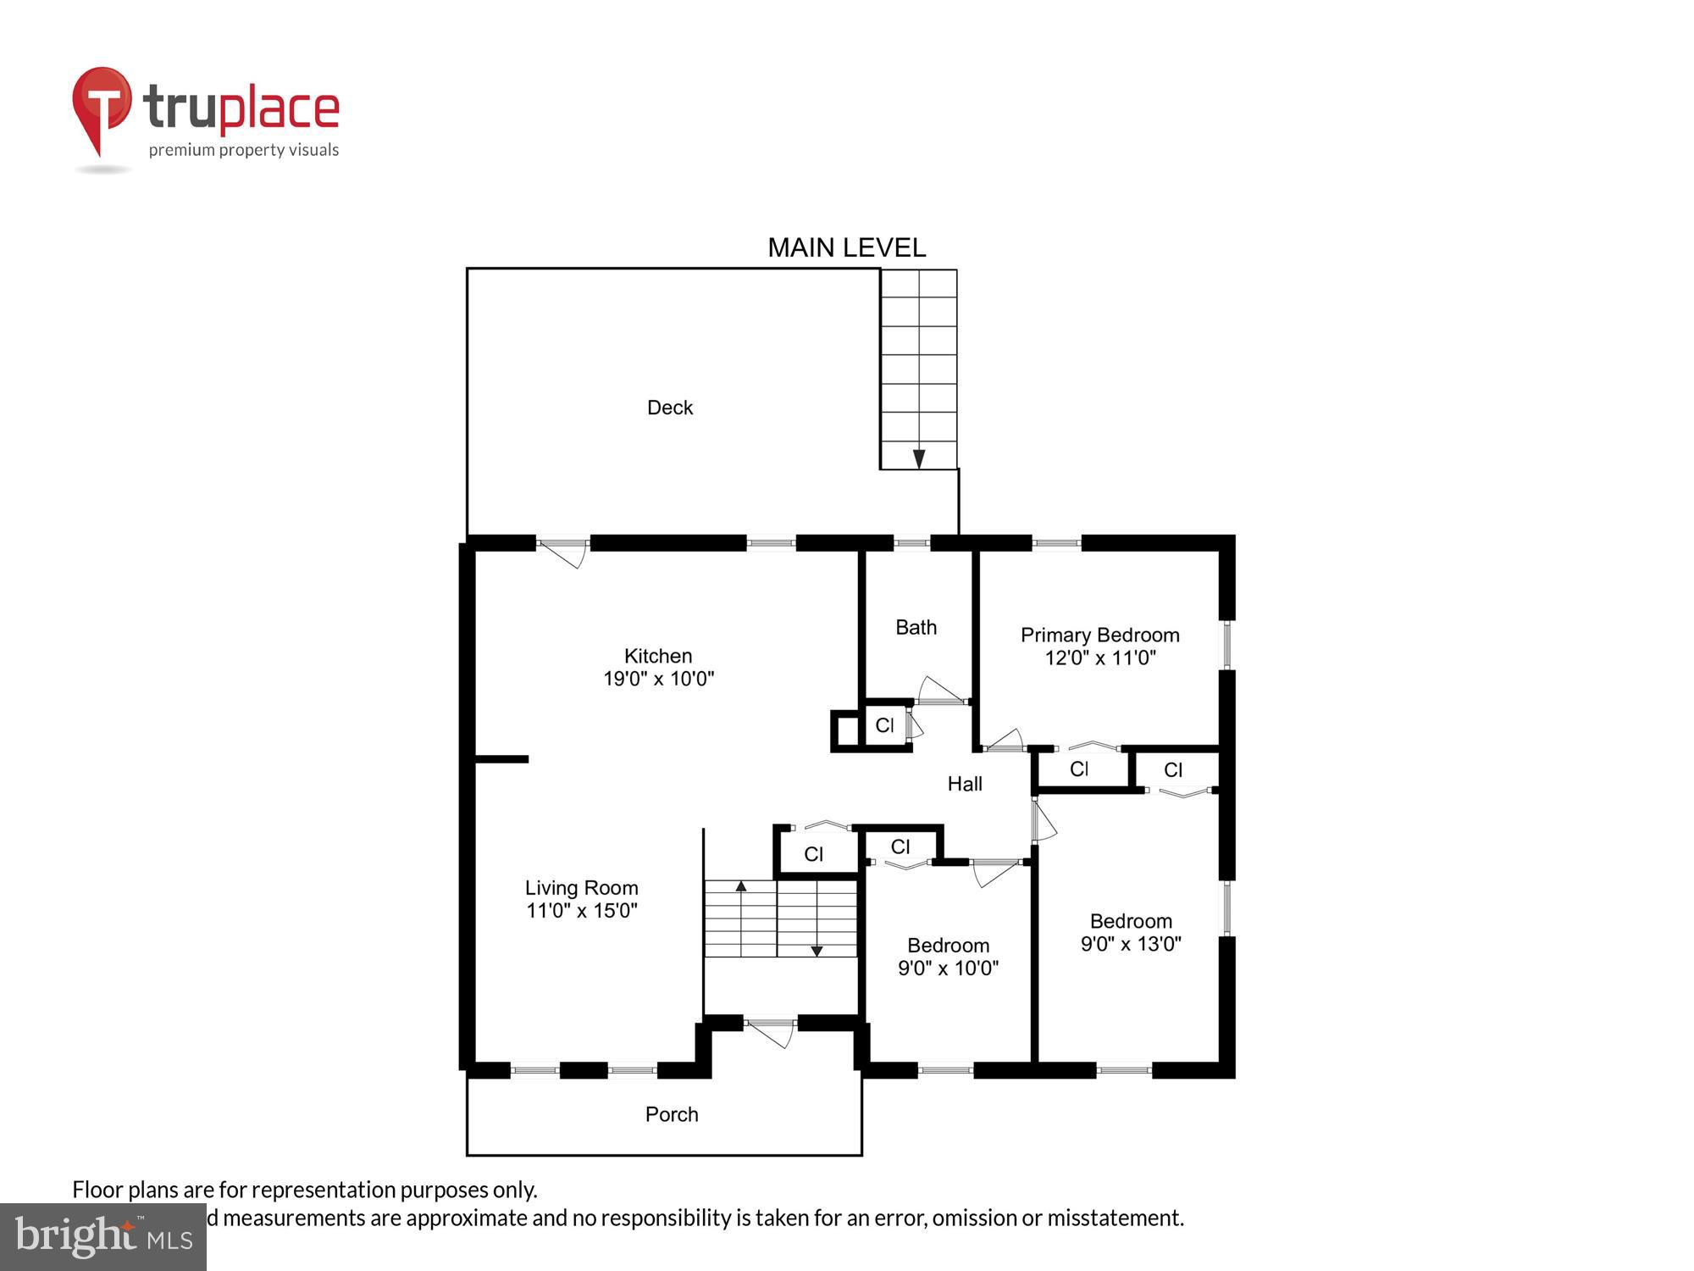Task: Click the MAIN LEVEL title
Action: (x=846, y=247)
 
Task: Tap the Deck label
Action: (x=669, y=408)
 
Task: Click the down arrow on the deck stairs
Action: (x=918, y=458)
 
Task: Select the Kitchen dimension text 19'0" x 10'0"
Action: (x=658, y=679)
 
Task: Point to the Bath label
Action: (x=916, y=627)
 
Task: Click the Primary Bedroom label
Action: (x=1099, y=635)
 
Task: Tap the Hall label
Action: (x=964, y=784)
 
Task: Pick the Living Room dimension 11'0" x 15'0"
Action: (x=581, y=911)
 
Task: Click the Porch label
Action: (x=671, y=1114)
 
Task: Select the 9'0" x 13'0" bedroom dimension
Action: (x=1130, y=944)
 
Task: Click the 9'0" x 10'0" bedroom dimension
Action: (x=948, y=968)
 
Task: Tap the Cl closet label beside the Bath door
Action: (x=884, y=725)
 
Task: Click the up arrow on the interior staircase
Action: (x=740, y=886)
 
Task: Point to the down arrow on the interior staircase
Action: (x=817, y=951)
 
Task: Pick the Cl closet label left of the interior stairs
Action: (x=813, y=854)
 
